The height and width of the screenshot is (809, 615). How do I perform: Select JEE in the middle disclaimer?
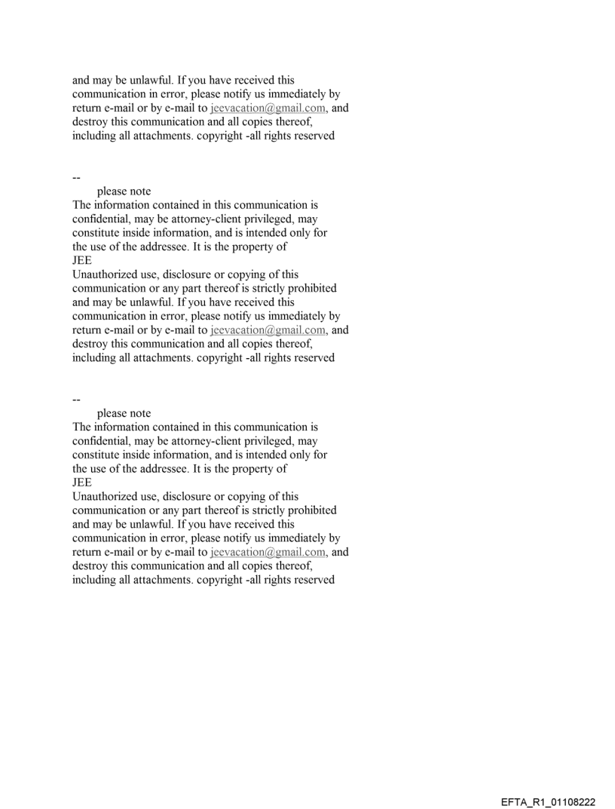click(81, 260)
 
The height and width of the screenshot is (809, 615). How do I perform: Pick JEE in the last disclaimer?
click(81, 482)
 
